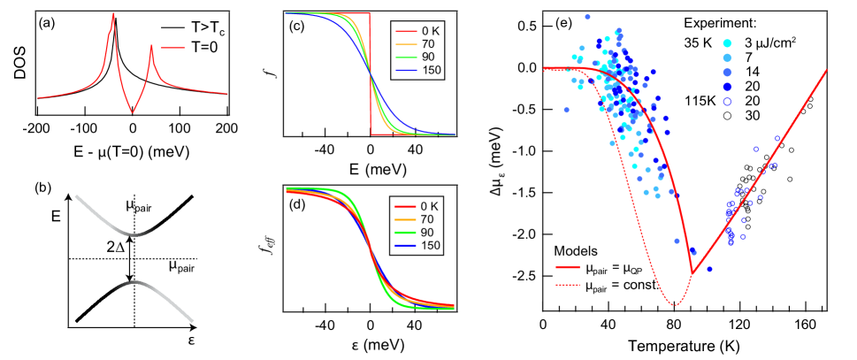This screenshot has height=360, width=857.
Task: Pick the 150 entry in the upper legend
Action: (x=431, y=71)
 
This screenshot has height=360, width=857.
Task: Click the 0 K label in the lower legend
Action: (x=429, y=206)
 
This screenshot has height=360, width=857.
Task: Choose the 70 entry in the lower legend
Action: (x=428, y=219)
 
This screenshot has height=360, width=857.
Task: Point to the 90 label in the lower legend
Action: (x=428, y=233)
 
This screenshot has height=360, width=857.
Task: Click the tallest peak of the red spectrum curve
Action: (x=113, y=15)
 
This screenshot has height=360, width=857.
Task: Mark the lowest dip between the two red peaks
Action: (x=133, y=111)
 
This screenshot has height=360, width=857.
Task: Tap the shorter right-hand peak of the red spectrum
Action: (x=151, y=46)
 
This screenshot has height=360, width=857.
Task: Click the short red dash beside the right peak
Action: (x=173, y=48)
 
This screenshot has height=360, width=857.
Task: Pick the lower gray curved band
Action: (x=155, y=296)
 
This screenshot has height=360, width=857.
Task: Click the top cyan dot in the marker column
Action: (x=727, y=42)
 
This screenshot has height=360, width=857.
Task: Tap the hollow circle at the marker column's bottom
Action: (x=727, y=102)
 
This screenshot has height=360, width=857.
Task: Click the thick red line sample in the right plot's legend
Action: (x=568, y=266)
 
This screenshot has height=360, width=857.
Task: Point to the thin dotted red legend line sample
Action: (x=568, y=285)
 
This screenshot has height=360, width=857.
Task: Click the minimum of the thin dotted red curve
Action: (x=674, y=305)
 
